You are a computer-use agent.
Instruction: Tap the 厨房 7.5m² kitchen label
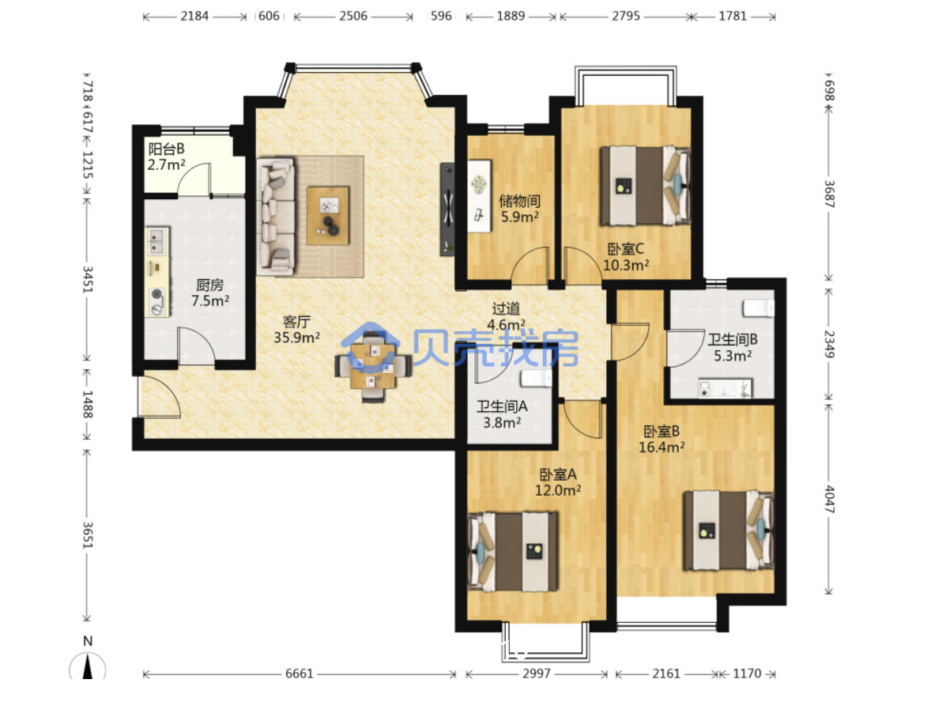(210, 292)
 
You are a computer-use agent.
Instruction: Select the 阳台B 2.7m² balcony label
(166, 157)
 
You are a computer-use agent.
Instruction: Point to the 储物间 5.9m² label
(519, 209)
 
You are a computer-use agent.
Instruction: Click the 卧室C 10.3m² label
(626, 257)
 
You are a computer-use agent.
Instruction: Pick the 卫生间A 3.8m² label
(502, 414)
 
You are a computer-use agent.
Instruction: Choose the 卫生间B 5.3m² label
(733, 347)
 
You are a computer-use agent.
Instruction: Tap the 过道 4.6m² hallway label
(506, 316)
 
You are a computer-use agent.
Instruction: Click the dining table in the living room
(373, 368)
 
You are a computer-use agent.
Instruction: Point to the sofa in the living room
(276, 217)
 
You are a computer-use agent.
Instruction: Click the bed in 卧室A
(514, 552)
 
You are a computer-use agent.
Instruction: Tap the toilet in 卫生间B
(759, 308)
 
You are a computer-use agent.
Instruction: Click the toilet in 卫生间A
(536, 379)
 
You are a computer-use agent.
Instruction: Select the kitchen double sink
(157, 241)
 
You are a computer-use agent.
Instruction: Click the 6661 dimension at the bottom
(300, 674)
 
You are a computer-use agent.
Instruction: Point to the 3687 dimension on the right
(829, 194)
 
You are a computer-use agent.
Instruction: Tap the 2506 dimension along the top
(353, 16)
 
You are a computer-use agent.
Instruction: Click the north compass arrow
(88, 666)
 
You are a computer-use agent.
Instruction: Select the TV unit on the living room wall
(447, 209)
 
